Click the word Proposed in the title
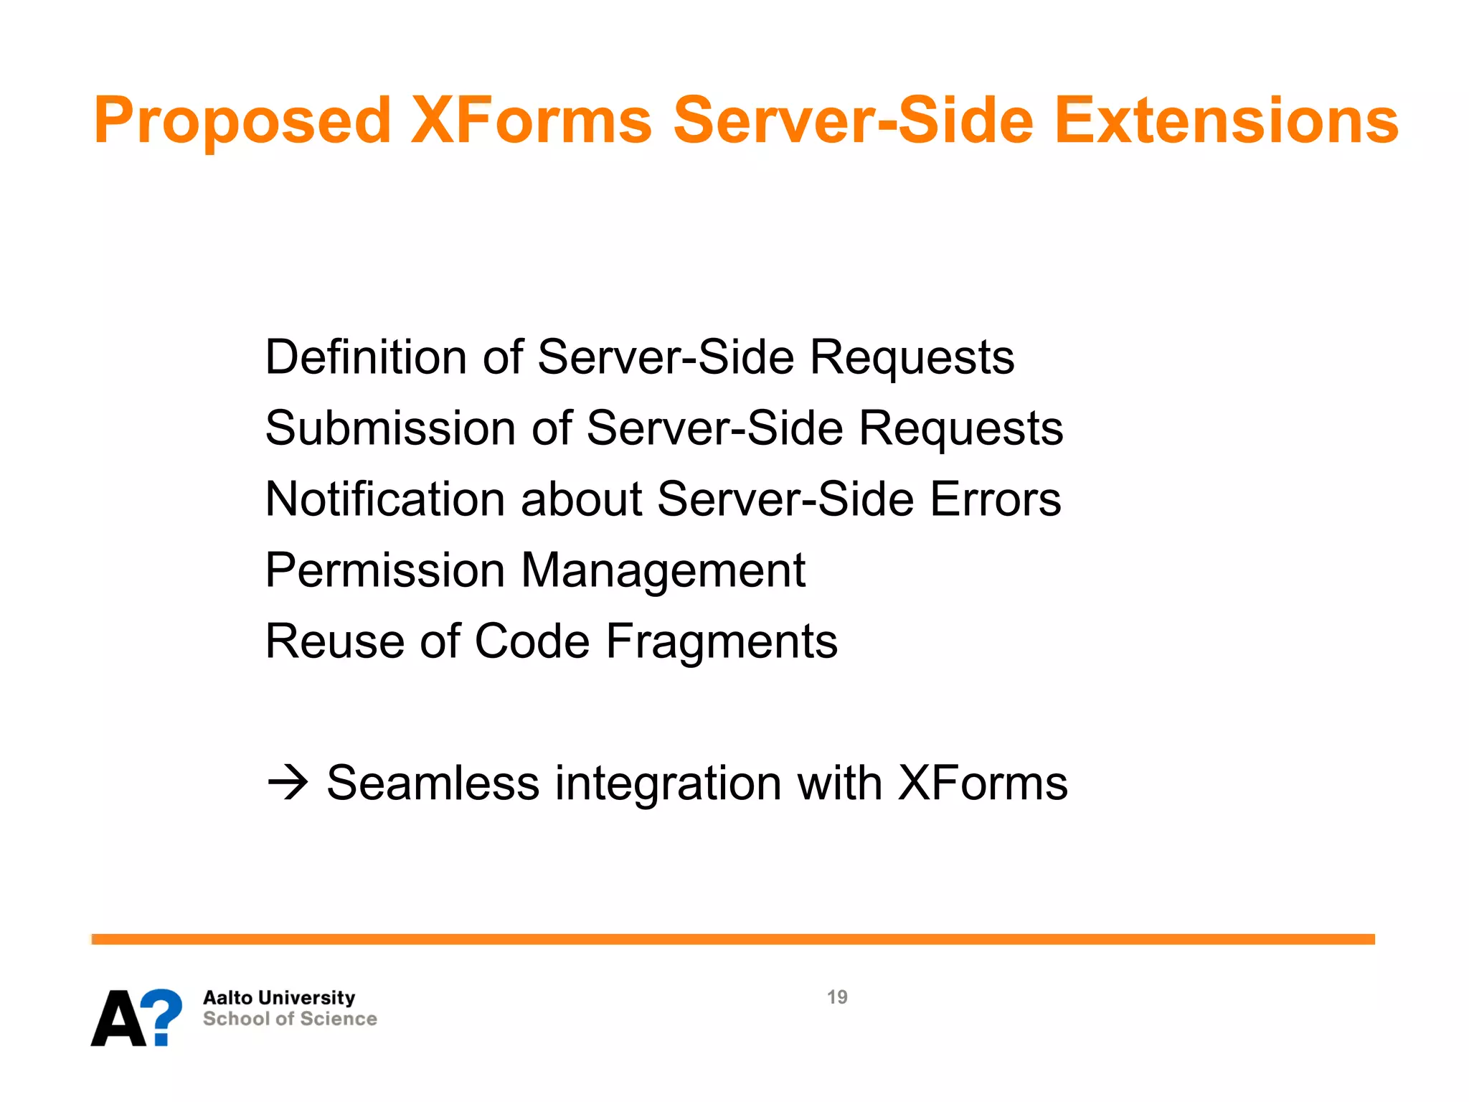click(242, 121)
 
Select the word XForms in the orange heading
click(531, 121)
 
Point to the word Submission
click(390, 428)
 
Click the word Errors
click(996, 499)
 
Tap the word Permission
click(385, 570)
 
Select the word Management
click(663, 570)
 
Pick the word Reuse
click(335, 641)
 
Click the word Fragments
click(722, 641)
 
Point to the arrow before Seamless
click(288, 783)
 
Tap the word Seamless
click(433, 783)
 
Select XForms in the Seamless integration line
click(983, 783)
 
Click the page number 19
click(837, 997)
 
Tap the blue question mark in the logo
click(159, 1016)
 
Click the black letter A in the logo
click(118, 1019)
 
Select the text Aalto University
click(279, 998)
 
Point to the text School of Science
click(290, 1019)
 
